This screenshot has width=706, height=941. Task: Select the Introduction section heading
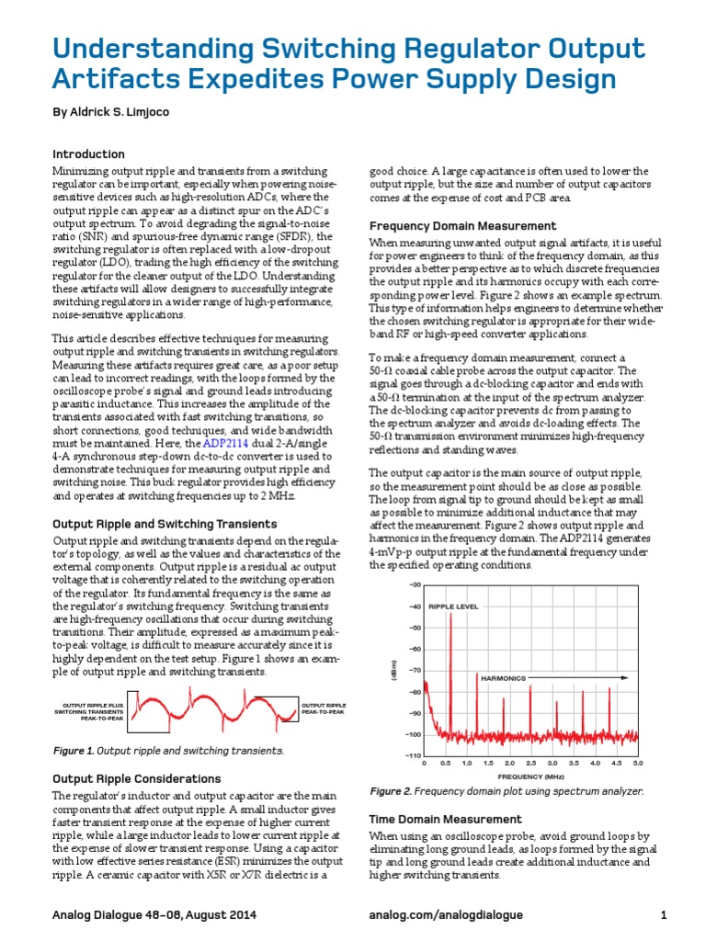tap(88, 154)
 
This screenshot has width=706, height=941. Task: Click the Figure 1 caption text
tap(168, 751)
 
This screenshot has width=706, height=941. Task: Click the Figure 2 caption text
tap(506, 791)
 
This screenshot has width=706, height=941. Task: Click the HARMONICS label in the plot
tap(503, 678)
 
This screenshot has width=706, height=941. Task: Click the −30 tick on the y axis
tap(414, 585)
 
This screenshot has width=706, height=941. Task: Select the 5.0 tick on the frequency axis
tap(637, 764)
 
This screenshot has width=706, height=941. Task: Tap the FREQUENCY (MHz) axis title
tap(530, 777)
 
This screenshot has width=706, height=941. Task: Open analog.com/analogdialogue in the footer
tap(445, 915)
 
